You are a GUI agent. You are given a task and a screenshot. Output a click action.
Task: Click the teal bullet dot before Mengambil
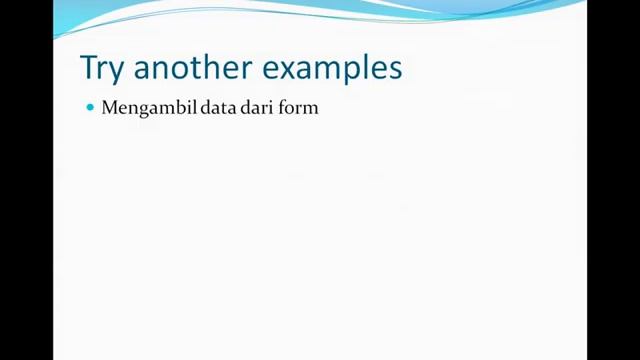point(90,107)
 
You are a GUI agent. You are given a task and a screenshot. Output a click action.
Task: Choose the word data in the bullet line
point(217,107)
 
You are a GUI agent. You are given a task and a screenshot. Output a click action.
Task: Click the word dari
point(259,107)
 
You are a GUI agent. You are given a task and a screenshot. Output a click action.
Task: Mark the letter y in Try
point(118,71)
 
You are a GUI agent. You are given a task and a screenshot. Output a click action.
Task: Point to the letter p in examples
point(354,71)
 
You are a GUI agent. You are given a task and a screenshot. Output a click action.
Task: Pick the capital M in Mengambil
point(109,107)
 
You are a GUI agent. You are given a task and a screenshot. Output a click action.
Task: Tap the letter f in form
point(286,107)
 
